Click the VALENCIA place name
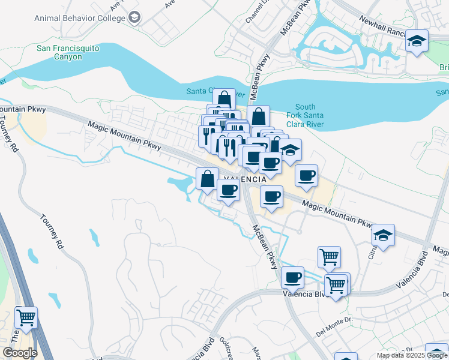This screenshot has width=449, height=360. tap(245, 179)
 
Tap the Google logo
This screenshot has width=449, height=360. tap(20, 353)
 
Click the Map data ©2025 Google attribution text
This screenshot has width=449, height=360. tap(412, 355)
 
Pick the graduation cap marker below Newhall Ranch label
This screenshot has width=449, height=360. tap(416, 41)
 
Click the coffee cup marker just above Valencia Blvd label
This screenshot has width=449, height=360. tap(292, 278)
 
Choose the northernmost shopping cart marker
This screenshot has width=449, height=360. tap(329, 257)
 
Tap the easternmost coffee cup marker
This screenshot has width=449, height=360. tap(307, 175)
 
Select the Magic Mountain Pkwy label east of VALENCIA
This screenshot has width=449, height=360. tap(338, 213)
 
